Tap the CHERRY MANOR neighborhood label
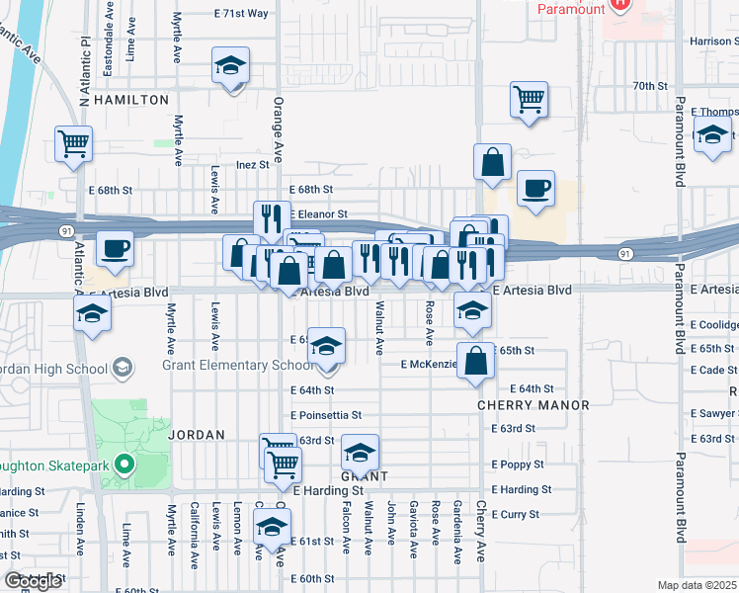533,405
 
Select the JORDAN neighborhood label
197,434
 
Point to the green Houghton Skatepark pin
123,463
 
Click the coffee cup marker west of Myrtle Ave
115,249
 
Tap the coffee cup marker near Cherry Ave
535,189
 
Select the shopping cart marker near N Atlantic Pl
73,144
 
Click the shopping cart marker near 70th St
529,99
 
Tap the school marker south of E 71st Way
231,66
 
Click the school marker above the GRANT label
361,453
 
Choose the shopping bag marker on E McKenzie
476,362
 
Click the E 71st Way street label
242,13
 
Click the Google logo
33,581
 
